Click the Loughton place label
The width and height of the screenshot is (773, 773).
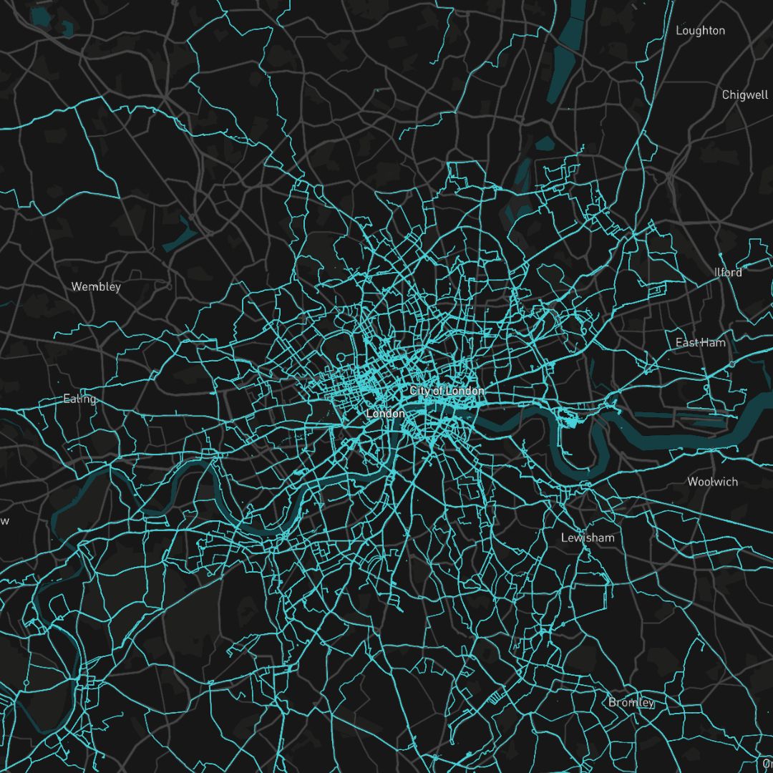[700, 31]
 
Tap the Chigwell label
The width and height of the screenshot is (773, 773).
[744, 95]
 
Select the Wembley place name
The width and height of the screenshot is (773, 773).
[96, 287]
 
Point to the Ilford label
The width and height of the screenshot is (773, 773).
[728, 273]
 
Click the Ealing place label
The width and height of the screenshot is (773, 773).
[79, 399]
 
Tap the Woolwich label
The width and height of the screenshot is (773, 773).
[712, 482]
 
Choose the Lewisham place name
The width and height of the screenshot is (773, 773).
[587, 538]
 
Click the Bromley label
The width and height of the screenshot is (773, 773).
[631, 702]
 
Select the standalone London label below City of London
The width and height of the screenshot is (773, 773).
[385, 414]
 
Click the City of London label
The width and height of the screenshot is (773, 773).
[447, 392]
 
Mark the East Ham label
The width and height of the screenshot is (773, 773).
[700, 343]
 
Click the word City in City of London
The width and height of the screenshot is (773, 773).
[421, 392]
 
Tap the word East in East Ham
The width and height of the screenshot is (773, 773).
[687, 343]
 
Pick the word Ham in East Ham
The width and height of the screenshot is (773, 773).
[713, 343]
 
